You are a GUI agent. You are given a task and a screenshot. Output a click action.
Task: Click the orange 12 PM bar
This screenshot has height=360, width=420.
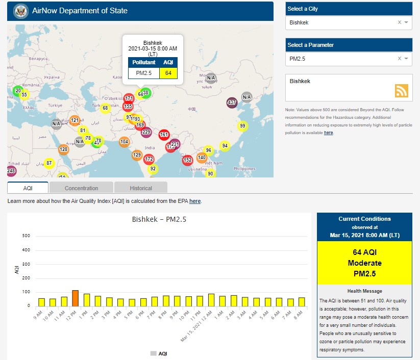pyautogui.click(x=76, y=298)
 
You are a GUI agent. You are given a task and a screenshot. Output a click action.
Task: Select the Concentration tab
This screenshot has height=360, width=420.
pyautogui.click(x=82, y=188)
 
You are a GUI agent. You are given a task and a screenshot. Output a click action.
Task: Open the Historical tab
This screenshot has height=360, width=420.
pyautogui.click(x=141, y=188)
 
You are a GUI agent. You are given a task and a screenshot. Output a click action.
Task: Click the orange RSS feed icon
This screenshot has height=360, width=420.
pyautogui.click(x=402, y=90)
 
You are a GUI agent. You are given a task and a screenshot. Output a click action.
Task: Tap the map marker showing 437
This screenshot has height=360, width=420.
pyautogui.click(x=232, y=102)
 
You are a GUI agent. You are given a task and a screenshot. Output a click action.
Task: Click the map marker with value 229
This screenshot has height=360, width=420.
pyautogui.click(x=146, y=132)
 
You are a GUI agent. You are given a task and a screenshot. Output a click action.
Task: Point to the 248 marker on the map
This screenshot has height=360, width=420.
pyautogui.click(x=11, y=170)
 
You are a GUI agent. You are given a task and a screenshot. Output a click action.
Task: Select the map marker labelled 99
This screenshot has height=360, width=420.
pyautogui.click(x=242, y=126)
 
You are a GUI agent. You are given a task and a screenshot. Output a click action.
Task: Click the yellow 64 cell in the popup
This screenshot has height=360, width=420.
pyautogui.click(x=168, y=73)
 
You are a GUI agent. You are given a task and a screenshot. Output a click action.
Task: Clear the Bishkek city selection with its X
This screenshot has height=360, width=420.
pyautogui.click(x=400, y=22)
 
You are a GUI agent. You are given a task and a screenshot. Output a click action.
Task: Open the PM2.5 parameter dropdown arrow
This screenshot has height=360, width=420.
pyautogui.click(x=406, y=59)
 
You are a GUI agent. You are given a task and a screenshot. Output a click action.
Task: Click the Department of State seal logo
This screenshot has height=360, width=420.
pyautogui.click(x=21, y=11)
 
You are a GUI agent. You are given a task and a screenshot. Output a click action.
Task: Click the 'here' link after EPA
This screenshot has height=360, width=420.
pyautogui.click(x=195, y=201)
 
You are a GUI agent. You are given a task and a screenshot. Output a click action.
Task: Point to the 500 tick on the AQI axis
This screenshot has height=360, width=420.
pyautogui.click(x=27, y=236)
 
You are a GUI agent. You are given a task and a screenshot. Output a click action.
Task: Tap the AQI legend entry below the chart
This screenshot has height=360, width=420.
pyautogui.click(x=159, y=353)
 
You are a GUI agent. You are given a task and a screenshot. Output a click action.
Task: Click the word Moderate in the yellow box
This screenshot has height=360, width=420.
pyautogui.click(x=364, y=263)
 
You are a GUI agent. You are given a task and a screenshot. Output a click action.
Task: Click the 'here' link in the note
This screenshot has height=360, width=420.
pyautogui.click(x=328, y=133)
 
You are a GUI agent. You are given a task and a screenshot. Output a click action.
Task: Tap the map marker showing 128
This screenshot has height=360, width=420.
pyautogui.click(x=63, y=149)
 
